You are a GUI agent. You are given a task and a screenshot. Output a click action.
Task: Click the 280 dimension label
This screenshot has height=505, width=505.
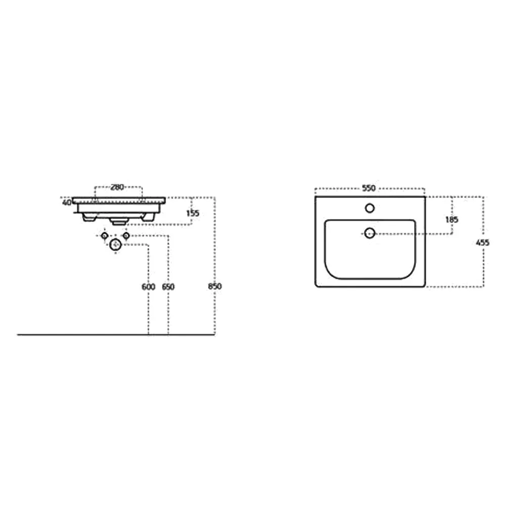(x=117, y=187)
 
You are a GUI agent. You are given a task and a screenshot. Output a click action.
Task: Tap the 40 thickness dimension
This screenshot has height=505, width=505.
(x=67, y=203)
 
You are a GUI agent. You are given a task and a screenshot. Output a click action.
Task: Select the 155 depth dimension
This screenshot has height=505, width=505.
(x=192, y=213)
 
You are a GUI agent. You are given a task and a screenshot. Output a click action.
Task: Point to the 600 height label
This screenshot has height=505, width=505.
(x=148, y=286)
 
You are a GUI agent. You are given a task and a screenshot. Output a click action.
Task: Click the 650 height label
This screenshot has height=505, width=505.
(x=168, y=286)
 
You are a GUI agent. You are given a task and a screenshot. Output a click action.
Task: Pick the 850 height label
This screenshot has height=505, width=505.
(x=215, y=286)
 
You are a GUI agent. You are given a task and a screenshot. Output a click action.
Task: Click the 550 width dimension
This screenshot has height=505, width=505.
(x=369, y=188)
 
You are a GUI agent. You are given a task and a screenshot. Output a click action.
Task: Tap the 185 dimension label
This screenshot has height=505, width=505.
(x=451, y=220)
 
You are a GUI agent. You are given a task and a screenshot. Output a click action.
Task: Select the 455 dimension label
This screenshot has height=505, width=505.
(x=483, y=242)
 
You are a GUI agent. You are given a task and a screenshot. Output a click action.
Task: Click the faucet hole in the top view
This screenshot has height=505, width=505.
(x=370, y=209)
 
